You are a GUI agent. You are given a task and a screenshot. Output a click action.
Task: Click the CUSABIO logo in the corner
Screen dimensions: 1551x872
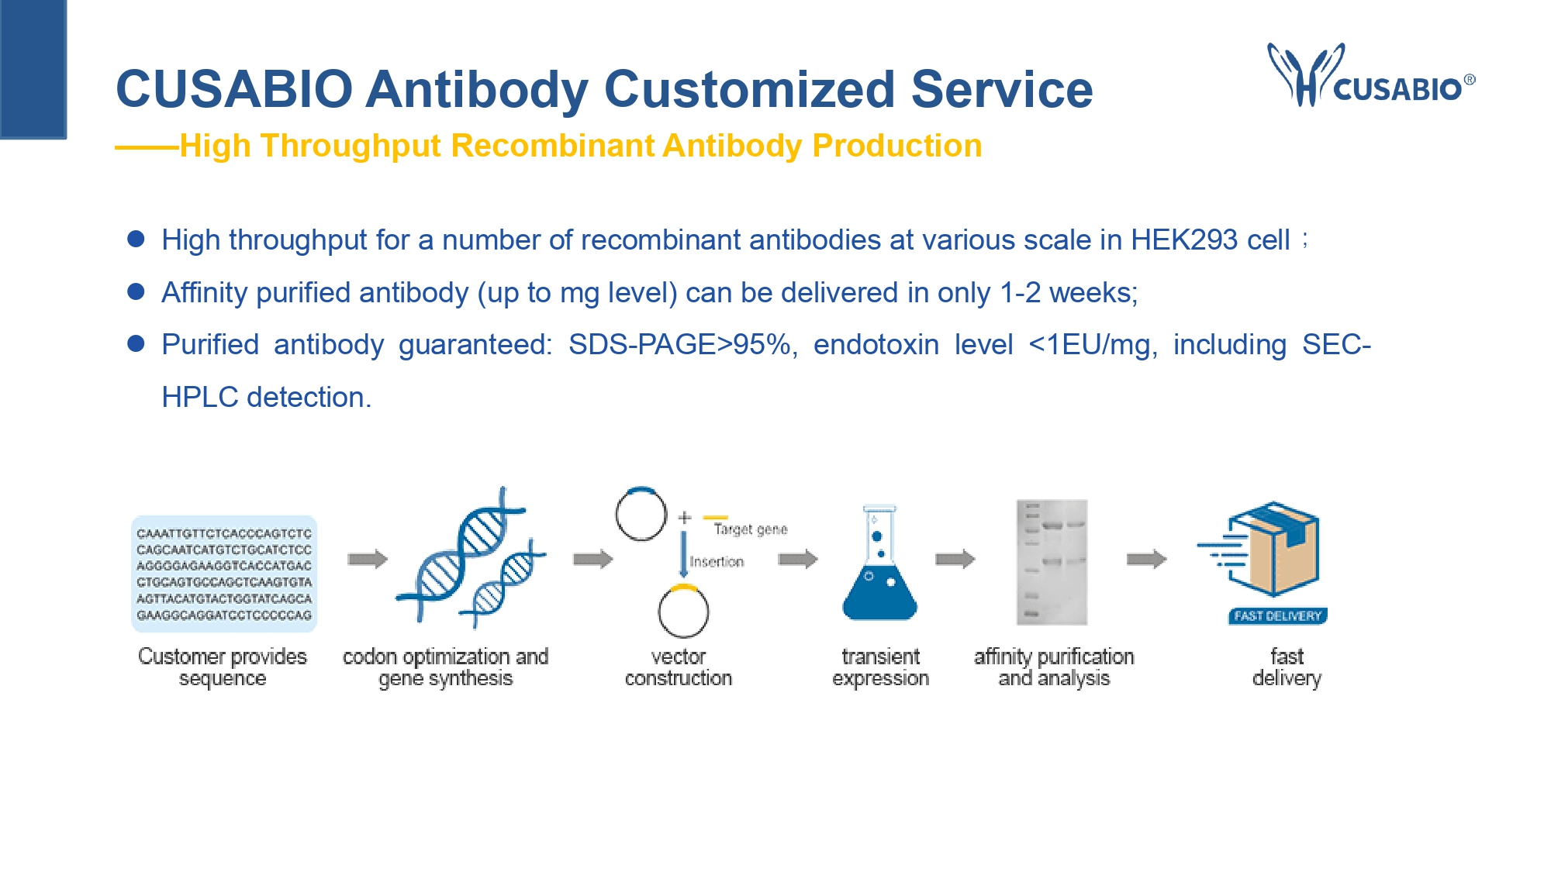click(x=1371, y=75)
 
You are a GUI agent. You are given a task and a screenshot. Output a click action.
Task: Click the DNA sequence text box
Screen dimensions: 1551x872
click(x=224, y=574)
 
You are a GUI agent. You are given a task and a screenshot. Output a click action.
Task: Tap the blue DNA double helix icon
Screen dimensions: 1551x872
click(x=471, y=556)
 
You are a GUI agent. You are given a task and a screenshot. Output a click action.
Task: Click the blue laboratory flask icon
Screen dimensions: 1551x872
click(x=879, y=563)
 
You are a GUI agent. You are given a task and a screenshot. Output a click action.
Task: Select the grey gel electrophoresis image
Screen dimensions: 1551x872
click(x=1052, y=562)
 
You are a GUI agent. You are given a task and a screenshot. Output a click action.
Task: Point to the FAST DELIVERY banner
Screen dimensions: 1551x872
click(x=1277, y=616)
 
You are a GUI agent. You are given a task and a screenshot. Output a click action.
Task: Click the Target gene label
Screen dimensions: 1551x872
click(x=750, y=529)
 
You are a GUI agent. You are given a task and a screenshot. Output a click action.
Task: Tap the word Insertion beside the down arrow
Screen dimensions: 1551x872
click(x=717, y=562)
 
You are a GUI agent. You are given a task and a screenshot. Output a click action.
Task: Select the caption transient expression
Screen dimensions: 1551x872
click(x=880, y=667)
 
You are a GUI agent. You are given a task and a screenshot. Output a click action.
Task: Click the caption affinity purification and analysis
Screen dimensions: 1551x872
click(x=1054, y=667)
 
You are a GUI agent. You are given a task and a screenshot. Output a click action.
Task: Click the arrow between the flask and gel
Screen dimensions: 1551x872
click(x=955, y=559)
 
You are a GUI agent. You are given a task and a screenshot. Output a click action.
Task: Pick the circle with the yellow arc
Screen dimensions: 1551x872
click(x=683, y=611)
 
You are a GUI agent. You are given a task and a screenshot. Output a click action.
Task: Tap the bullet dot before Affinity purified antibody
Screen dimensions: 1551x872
click(x=136, y=291)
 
